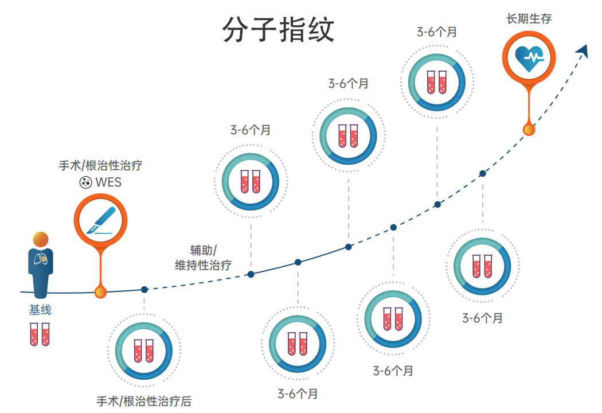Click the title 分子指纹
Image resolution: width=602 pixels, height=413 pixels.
tap(278, 29)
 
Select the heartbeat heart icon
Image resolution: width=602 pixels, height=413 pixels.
tap(529, 57)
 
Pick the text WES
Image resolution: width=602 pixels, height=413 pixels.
tap(108, 183)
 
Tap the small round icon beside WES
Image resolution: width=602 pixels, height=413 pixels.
tap(85, 183)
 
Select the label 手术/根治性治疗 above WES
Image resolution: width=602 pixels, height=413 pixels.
tap(100, 166)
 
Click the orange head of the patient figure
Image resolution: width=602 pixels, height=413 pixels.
tap(40, 240)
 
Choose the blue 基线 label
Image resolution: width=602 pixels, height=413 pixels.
tap(40, 310)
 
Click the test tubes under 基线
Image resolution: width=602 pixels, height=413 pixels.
tap(40, 334)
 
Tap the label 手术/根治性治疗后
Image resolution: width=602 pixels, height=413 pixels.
tap(144, 401)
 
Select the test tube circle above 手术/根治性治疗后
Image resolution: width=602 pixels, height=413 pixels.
tap(144, 350)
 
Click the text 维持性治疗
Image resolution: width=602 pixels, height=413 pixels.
tap(203, 265)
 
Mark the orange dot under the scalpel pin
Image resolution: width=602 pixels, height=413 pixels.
tap(100, 293)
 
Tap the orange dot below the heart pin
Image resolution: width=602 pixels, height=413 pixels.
tap(529, 130)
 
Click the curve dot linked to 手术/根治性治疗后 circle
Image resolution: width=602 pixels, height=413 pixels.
tap(144, 290)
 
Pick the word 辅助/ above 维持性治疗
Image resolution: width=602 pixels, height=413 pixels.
tap(203, 251)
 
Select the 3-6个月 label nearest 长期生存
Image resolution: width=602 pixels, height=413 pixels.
tap(437, 32)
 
